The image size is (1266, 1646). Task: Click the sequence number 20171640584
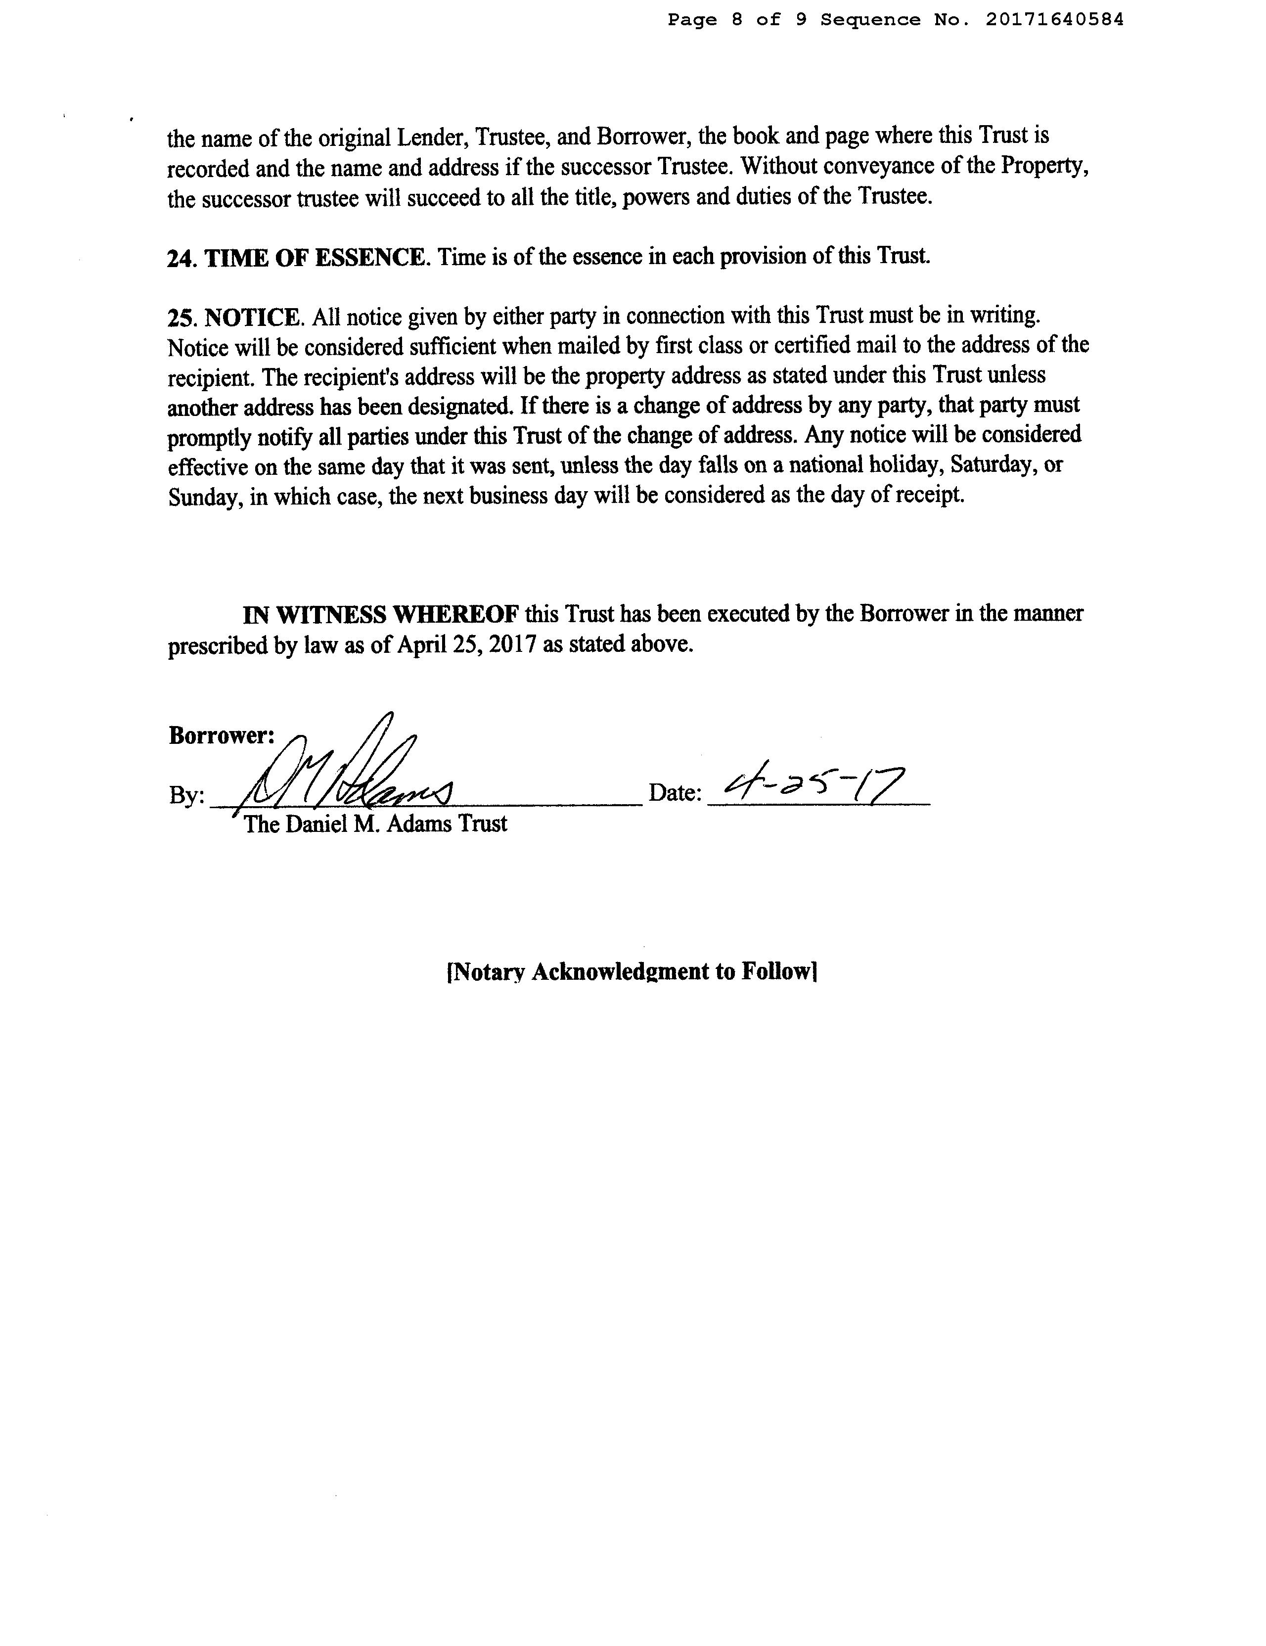click(x=1054, y=20)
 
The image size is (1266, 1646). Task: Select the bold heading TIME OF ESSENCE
click(x=315, y=258)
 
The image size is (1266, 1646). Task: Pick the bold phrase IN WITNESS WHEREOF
click(x=381, y=614)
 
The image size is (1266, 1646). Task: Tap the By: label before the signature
click(x=186, y=796)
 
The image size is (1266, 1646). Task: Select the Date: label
click(x=675, y=793)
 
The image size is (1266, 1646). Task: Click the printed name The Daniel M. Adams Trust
click(x=375, y=824)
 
